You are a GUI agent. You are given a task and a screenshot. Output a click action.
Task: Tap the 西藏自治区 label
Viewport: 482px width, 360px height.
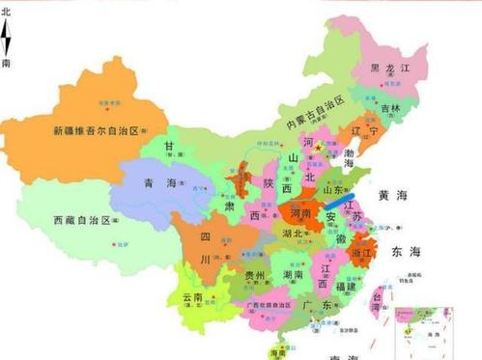click(69, 221)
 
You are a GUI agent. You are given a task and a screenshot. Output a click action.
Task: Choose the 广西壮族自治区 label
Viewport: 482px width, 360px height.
click(260, 307)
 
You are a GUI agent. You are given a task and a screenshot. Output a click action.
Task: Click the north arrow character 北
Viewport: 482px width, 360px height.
click(8, 13)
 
